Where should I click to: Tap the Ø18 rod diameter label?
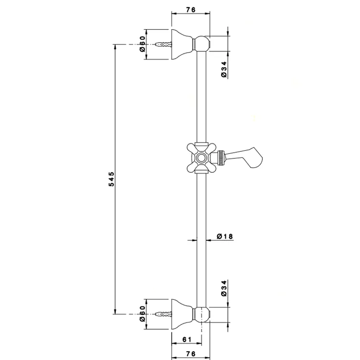click(x=225, y=237)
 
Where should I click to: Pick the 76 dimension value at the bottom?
click(x=190, y=353)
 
